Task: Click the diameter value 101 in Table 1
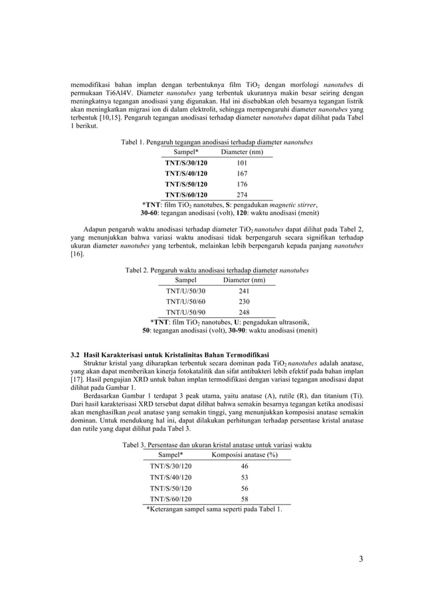point(242,163)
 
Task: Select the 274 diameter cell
point(242,195)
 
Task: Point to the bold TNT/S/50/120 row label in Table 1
point(186,184)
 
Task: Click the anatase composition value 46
point(244,466)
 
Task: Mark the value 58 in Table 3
point(244,498)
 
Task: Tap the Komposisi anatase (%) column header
point(244,455)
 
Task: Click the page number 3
point(361,558)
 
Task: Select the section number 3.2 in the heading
point(76,354)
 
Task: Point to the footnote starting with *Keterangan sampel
point(214,509)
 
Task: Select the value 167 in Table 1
point(242,173)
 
